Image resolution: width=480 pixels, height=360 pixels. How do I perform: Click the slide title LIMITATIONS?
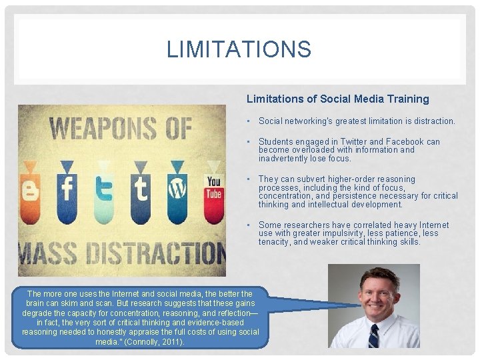click(x=239, y=49)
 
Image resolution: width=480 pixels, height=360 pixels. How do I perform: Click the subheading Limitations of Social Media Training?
click(x=337, y=99)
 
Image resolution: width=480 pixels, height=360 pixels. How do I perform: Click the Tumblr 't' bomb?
click(x=140, y=189)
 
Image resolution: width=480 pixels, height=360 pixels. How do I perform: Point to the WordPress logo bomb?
click(x=177, y=189)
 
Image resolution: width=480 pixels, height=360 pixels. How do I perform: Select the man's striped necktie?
click(x=373, y=336)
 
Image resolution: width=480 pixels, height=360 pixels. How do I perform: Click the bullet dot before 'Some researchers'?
click(x=247, y=225)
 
